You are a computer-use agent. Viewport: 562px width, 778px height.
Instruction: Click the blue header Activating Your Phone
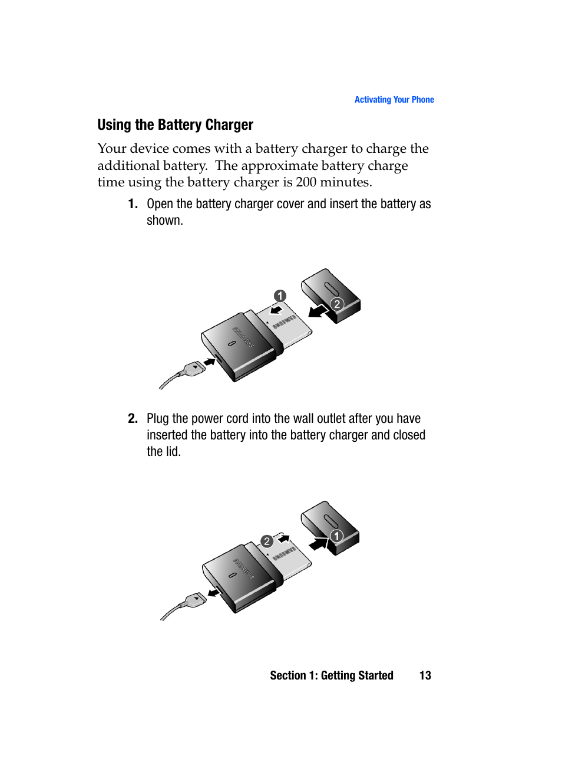(394, 100)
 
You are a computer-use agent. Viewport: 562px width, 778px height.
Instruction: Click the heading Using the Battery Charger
(175, 125)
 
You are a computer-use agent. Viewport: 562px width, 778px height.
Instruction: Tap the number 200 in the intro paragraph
(306, 182)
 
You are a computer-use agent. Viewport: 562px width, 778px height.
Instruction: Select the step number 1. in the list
(133, 204)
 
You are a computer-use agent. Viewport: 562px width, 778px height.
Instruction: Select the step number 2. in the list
(133, 419)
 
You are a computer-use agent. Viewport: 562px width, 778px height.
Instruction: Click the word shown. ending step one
(165, 221)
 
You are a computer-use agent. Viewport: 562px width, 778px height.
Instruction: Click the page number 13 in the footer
(425, 675)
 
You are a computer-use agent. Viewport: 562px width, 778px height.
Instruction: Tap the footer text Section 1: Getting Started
(331, 675)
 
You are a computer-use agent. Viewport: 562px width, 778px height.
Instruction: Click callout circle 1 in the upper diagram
(280, 296)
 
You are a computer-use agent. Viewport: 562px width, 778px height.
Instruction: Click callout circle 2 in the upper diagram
(337, 304)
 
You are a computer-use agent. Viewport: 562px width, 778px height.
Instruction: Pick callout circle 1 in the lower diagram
(336, 536)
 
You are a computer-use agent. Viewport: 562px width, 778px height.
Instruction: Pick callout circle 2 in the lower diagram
(267, 541)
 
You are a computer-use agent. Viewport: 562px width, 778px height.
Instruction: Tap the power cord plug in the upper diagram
(193, 369)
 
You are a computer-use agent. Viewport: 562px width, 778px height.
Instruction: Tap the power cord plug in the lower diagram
(194, 600)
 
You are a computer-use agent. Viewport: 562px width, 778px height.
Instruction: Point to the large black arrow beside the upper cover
(318, 311)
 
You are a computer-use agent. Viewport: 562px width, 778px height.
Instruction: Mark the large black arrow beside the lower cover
(318, 543)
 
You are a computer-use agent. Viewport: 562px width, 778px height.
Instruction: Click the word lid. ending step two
(173, 452)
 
